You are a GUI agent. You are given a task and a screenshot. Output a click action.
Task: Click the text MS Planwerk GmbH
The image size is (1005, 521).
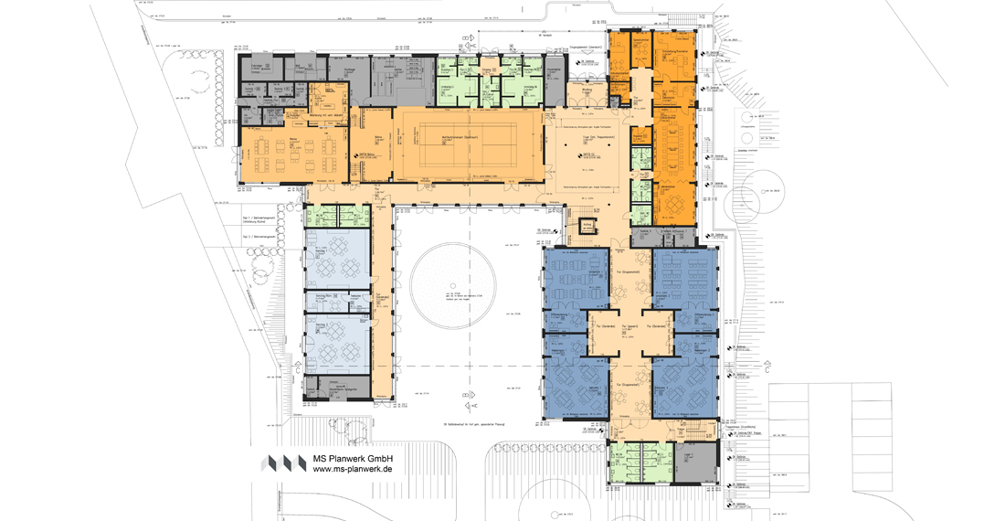pos(353,458)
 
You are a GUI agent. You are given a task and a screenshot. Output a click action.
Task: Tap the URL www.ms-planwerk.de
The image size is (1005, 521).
pos(353,470)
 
